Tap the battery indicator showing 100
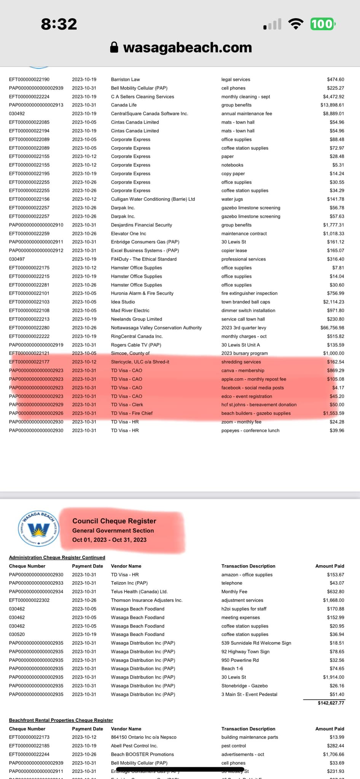click(x=323, y=24)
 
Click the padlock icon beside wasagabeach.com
click(x=114, y=47)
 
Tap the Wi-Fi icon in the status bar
click(x=296, y=24)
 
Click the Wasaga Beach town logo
click(x=38, y=528)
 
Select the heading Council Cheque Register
click(x=114, y=521)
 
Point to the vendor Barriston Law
click(x=125, y=79)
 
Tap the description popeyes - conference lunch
click(x=250, y=431)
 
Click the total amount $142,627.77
click(x=331, y=703)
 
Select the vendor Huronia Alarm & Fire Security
click(x=142, y=293)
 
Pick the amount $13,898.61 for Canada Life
click(x=332, y=105)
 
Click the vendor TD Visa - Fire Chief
click(x=132, y=413)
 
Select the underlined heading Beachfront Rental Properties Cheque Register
click(x=61, y=720)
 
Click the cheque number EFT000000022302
click(x=29, y=600)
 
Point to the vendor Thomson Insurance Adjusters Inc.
click(x=147, y=600)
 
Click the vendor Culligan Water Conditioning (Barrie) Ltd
click(x=153, y=199)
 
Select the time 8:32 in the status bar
click(x=59, y=24)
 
